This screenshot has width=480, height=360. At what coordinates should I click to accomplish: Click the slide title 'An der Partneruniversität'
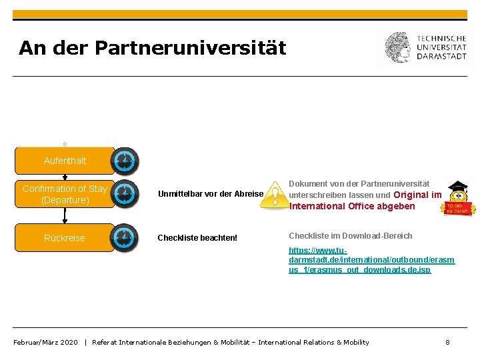point(152,48)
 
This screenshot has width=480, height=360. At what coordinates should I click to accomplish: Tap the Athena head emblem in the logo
point(398,47)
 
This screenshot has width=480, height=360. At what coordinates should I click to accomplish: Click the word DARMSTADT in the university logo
point(441,56)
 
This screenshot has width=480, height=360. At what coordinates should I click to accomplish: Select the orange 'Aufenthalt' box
point(65,161)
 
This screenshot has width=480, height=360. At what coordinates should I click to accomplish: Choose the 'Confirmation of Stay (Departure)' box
point(65,194)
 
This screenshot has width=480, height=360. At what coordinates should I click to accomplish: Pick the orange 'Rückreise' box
point(65,238)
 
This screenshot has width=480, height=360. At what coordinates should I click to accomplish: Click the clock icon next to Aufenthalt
point(125,161)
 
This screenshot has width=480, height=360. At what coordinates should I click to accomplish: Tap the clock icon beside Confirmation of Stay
point(125,194)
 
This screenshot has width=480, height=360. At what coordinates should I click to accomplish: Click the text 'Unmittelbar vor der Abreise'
point(211,194)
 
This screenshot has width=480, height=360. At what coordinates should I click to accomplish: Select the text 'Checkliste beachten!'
point(197,238)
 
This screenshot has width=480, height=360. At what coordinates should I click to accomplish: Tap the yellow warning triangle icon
point(274,195)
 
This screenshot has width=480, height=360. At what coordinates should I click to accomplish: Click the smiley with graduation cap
point(459,198)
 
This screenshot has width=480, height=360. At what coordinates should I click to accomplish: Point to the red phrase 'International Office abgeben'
point(352,206)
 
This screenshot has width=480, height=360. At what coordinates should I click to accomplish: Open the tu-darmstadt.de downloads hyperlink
point(371,260)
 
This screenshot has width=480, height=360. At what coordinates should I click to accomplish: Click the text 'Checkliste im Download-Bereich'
point(350,235)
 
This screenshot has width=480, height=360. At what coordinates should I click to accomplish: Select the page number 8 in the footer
point(448,342)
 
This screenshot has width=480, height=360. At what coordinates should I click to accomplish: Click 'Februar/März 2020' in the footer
point(45,342)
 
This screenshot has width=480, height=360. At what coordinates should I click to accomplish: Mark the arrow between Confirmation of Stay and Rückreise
point(65,215)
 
